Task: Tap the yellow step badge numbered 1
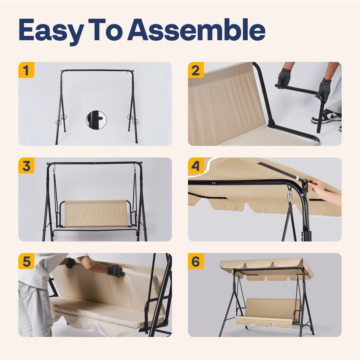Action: [26, 70]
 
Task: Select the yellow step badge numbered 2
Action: [196, 70]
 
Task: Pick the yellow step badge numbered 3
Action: [26, 166]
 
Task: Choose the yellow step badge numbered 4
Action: [196, 166]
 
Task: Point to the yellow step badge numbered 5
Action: [26, 261]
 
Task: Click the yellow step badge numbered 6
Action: [196, 261]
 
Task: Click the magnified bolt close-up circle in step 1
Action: [96, 120]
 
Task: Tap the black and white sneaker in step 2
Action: [327, 116]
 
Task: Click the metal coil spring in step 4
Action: [289, 197]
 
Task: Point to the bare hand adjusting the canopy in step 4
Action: [324, 190]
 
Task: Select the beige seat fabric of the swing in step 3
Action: [95, 213]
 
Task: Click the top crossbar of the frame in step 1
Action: [97, 71]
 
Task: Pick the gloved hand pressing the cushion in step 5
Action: [116, 271]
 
